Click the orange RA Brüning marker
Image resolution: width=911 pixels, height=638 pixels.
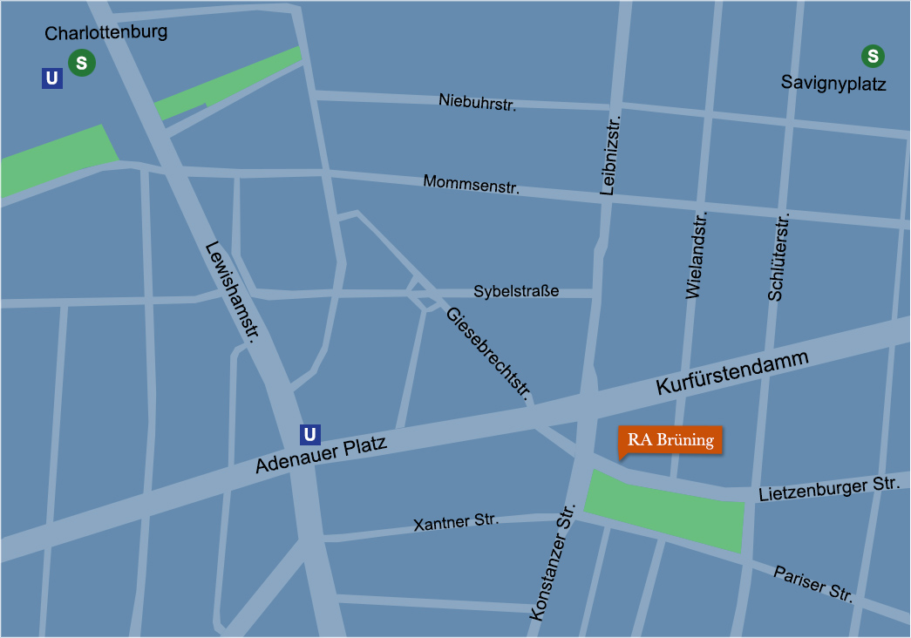[670, 440]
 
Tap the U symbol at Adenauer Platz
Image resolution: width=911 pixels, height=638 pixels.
[309, 434]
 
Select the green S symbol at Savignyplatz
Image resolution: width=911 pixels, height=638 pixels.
[873, 58]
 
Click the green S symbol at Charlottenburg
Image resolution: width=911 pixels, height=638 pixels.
[82, 63]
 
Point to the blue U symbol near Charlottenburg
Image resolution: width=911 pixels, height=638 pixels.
[52, 78]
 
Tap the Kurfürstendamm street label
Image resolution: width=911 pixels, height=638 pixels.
[733, 375]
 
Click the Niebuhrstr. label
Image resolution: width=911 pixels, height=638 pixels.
[478, 102]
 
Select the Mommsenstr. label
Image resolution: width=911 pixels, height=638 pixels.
[471, 184]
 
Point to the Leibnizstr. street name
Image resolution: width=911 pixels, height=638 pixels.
[609, 154]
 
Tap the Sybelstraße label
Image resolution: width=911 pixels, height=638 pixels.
[516, 291]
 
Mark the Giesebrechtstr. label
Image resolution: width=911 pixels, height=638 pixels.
[488, 353]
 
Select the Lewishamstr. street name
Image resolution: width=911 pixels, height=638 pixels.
[229, 292]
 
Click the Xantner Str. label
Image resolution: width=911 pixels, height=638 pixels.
[456, 523]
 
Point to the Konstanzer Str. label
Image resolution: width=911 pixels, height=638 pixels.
[553, 562]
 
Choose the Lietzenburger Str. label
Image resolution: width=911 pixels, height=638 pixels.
[828, 490]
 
